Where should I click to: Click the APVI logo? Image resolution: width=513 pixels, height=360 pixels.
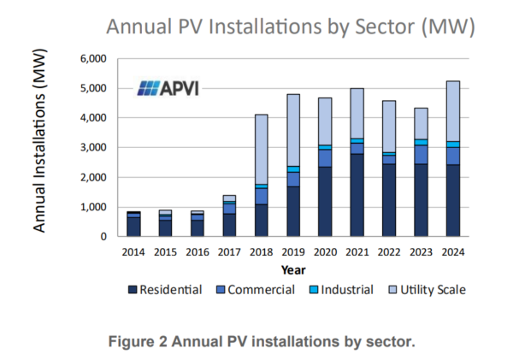point(168,88)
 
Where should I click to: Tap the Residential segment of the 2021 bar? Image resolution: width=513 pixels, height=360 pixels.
point(358,195)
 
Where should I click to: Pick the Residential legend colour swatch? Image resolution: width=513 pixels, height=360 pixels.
point(132,290)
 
